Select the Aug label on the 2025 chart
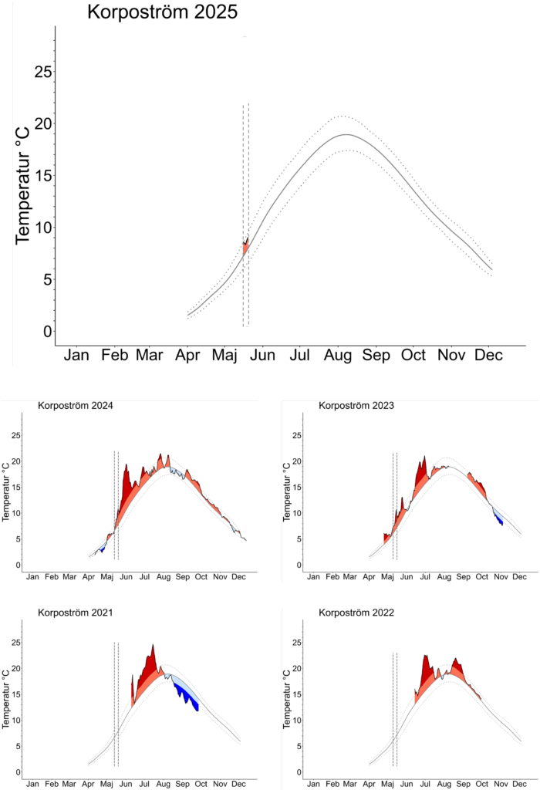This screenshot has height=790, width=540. (x=338, y=355)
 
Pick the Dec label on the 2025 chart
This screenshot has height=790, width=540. (x=489, y=355)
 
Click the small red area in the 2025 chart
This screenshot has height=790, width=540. (x=245, y=250)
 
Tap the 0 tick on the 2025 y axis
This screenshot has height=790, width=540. (x=47, y=331)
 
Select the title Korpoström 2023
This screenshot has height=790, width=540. (x=356, y=405)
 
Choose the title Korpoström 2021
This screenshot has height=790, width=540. (x=75, y=613)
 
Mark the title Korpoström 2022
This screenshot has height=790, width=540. (x=356, y=613)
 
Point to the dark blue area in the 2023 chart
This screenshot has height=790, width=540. (x=500, y=519)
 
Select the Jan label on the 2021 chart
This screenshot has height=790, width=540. (x=32, y=784)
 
